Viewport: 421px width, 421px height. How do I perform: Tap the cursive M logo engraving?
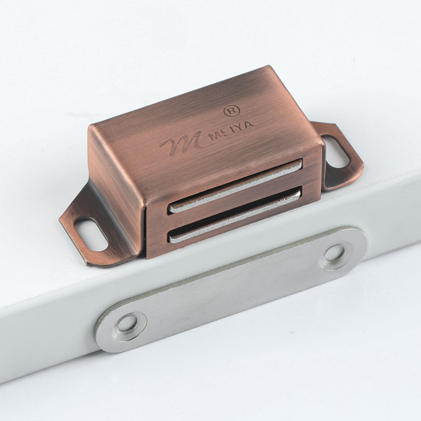click(183, 142)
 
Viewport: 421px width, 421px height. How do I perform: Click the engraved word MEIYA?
click(231, 130)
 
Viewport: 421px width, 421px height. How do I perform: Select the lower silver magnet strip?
click(235, 214)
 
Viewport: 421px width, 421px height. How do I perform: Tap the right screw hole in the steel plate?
click(335, 254)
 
